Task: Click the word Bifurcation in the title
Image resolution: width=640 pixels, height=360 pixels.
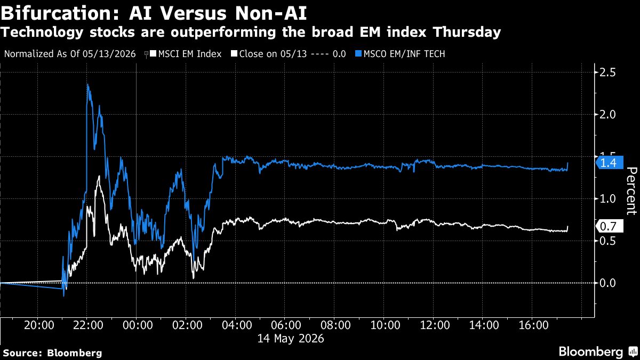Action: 59,13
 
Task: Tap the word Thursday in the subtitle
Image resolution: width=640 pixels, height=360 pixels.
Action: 467,32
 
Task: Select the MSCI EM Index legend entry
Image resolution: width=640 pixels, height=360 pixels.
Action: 186,54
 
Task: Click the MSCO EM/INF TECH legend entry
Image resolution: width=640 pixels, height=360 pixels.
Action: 400,54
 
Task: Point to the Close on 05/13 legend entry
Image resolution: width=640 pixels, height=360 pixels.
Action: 289,54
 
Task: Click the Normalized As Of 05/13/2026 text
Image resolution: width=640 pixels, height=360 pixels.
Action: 70,54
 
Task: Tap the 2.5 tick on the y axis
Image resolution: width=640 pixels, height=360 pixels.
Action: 607,73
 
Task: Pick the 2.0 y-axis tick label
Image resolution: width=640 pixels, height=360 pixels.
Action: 607,115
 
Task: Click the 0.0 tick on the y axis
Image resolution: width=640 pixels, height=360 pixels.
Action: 607,283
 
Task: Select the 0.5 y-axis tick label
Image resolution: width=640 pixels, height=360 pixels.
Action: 607,241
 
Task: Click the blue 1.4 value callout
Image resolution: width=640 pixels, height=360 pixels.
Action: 610,163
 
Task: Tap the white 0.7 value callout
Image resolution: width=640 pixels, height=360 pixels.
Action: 610,227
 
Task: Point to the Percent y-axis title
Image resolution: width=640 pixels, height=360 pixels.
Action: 631,191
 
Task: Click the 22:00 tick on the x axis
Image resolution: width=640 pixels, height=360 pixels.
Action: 88,325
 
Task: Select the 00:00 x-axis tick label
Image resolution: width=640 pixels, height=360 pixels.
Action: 138,325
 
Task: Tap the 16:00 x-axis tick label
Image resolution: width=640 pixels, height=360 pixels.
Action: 533,325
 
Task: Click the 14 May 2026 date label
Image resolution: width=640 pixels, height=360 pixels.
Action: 291,339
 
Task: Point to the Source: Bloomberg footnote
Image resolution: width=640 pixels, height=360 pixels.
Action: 53,353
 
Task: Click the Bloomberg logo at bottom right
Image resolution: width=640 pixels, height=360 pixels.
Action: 599,351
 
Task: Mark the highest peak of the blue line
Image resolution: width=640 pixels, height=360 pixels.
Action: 87,84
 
